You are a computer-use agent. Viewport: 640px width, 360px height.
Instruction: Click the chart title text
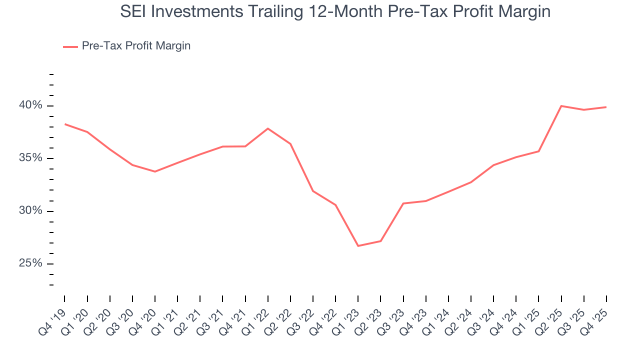[335, 11]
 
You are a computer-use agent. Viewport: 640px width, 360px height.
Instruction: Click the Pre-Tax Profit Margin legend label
[136, 46]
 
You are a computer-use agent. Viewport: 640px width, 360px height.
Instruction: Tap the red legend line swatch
[70, 46]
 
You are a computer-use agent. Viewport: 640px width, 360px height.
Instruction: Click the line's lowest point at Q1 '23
[358, 246]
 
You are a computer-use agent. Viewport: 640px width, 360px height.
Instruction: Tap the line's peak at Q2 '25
[561, 106]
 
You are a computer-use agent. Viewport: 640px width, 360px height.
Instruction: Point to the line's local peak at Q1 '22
[268, 128]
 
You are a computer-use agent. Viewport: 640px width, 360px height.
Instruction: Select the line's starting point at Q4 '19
[65, 124]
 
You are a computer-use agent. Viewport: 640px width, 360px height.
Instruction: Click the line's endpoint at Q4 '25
[606, 107]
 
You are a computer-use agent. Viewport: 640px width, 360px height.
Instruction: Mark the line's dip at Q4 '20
[155, 171]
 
